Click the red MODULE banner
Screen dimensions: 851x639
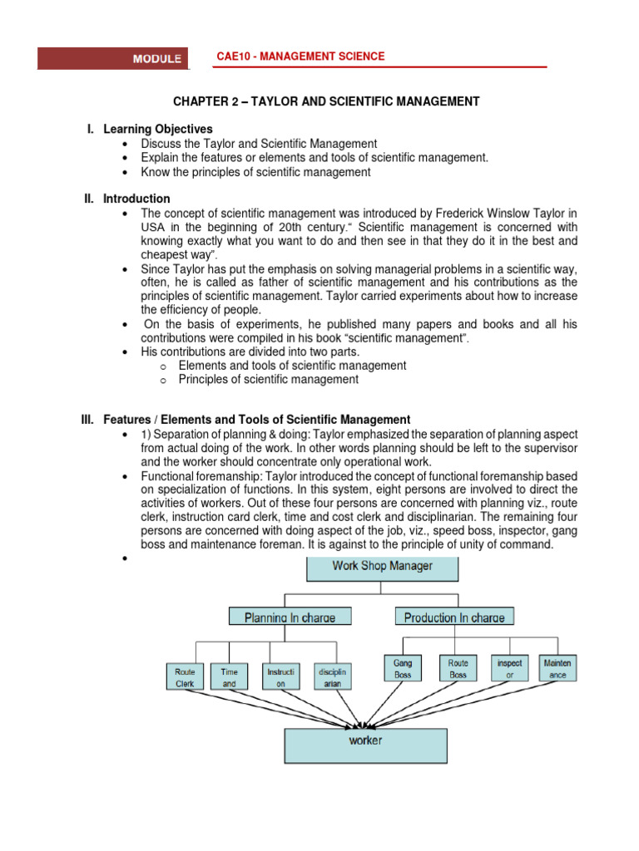pos(114,58)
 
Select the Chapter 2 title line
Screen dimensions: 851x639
pos(326,101)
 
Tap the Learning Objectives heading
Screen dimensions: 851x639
pos(157,129)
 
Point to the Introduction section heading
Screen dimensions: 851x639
pos(136,199)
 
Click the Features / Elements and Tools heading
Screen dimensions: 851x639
pos(256,420)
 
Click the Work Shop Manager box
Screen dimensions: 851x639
pos(383,568)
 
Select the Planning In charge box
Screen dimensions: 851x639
pos(290,617)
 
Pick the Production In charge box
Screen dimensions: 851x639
pos(454,617)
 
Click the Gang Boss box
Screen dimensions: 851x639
pos(404,669)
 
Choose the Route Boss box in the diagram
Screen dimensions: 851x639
pos(458,669)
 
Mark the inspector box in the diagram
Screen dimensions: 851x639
pos(509,669)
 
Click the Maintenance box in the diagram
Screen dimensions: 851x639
pos(557,669)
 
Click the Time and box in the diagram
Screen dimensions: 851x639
pos(230,676)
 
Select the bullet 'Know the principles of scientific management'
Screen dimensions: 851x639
pos(255,172)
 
